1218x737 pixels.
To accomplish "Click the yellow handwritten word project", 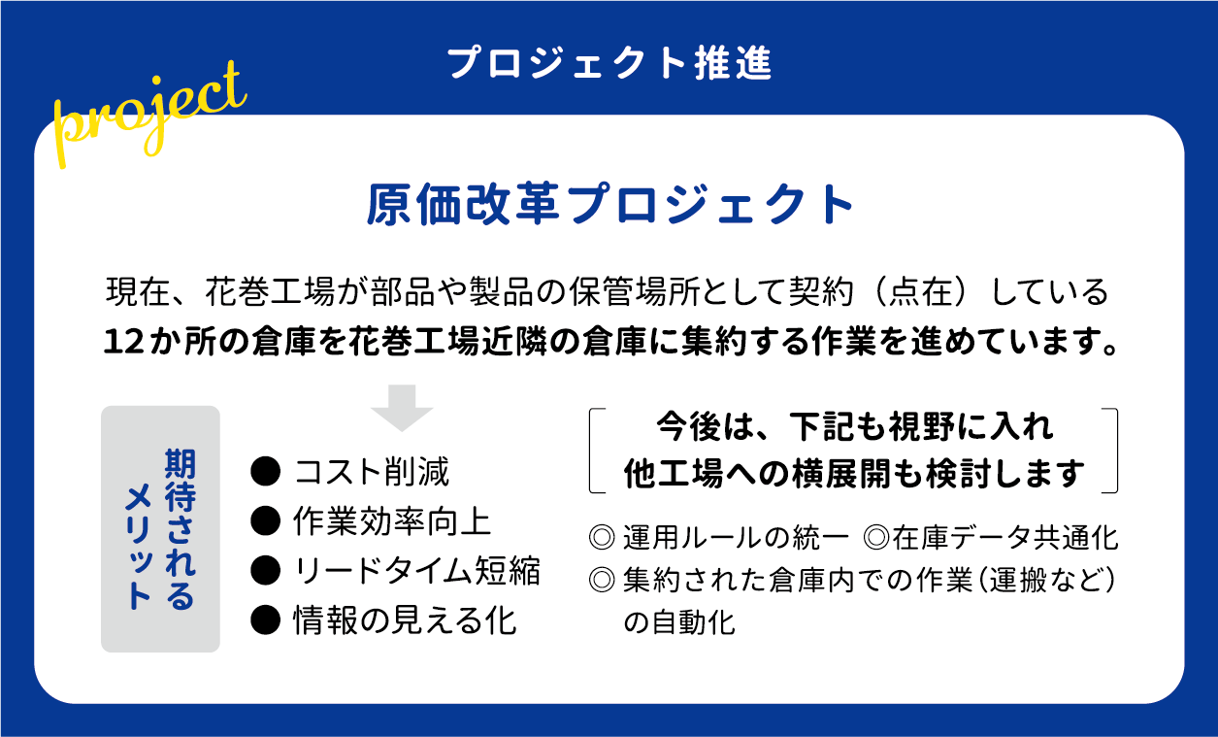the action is coord(149,116).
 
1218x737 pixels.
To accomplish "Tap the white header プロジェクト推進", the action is coord(609,63).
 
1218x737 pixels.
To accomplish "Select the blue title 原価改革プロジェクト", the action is coord(609,204).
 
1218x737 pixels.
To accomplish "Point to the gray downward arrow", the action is coord(402,408).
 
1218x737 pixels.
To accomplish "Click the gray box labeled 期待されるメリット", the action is coord(160,528).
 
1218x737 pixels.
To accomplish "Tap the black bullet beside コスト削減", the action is coord(265,471).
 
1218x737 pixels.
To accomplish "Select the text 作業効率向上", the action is coord(392,521).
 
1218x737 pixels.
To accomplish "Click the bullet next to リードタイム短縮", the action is coord(265,571).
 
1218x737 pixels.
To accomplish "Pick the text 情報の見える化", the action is coord(405,620).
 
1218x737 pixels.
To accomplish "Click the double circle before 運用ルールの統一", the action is coord(602,538).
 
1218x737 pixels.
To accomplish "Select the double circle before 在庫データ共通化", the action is coord(876,538).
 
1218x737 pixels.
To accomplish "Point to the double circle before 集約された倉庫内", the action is coord(602,581).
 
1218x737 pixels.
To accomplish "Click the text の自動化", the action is coord(679,622).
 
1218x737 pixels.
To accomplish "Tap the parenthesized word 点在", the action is coord(921,291).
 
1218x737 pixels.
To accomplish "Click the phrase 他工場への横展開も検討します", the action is coord(854,474).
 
